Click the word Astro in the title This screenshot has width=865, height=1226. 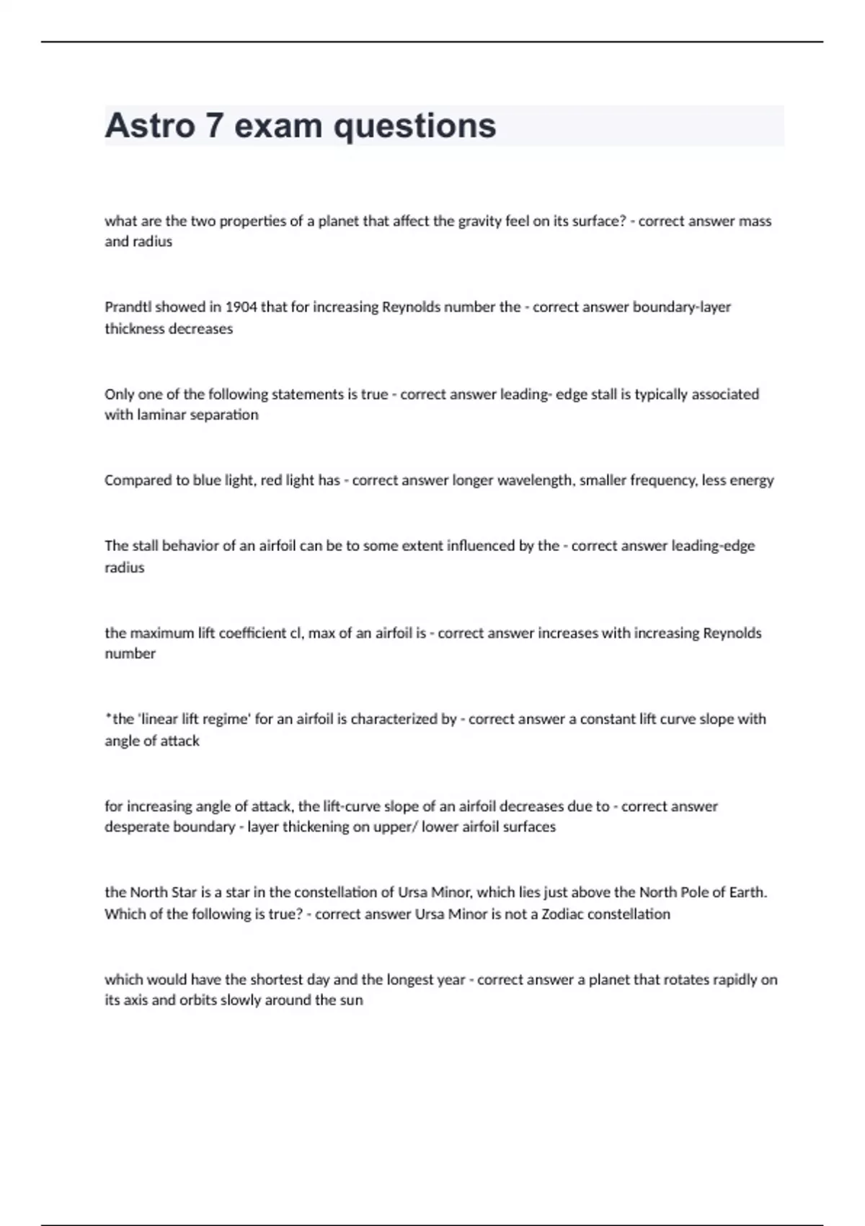coord(150,125)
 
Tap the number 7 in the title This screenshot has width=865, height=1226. coord(214,125)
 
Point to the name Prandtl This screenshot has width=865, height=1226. coord(128,307)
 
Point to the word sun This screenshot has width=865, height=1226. coord(351,1001)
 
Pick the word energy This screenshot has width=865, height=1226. coord(753,481)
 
